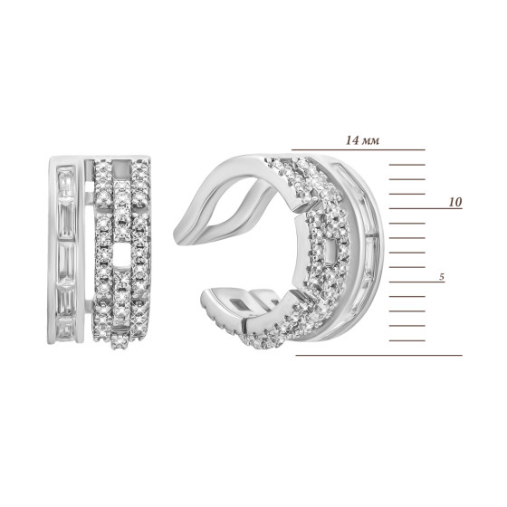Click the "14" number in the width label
pos(352,140)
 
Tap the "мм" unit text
pos(371,141)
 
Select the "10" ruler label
pos(454,202)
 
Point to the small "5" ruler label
pos(442,277)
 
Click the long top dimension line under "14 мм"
pos(359,150)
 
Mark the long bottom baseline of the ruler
pos(379,355)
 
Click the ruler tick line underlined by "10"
pos(426,208)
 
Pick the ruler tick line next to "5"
pos(416,282)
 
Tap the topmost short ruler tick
pos(407,165)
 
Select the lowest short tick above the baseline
pos(407,340)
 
